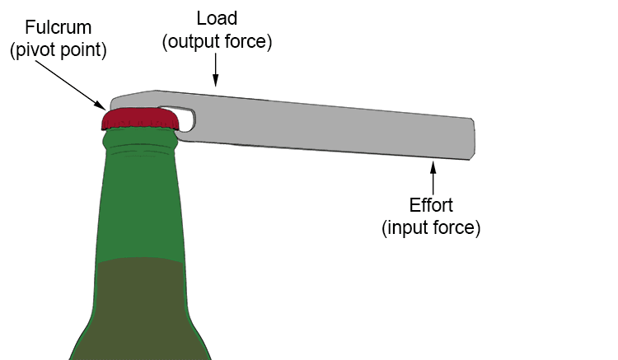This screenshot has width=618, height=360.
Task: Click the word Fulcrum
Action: coord(58,28)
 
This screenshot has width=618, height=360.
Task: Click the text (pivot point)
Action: coord(58,49)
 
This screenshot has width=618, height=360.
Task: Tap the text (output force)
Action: coord(216,40)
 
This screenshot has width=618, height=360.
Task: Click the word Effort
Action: coord(431,205)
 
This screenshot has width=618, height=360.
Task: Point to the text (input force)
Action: coord(431,227)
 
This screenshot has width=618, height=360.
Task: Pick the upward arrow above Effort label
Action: coord(432,175)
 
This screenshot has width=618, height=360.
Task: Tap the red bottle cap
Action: coord(140,120)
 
